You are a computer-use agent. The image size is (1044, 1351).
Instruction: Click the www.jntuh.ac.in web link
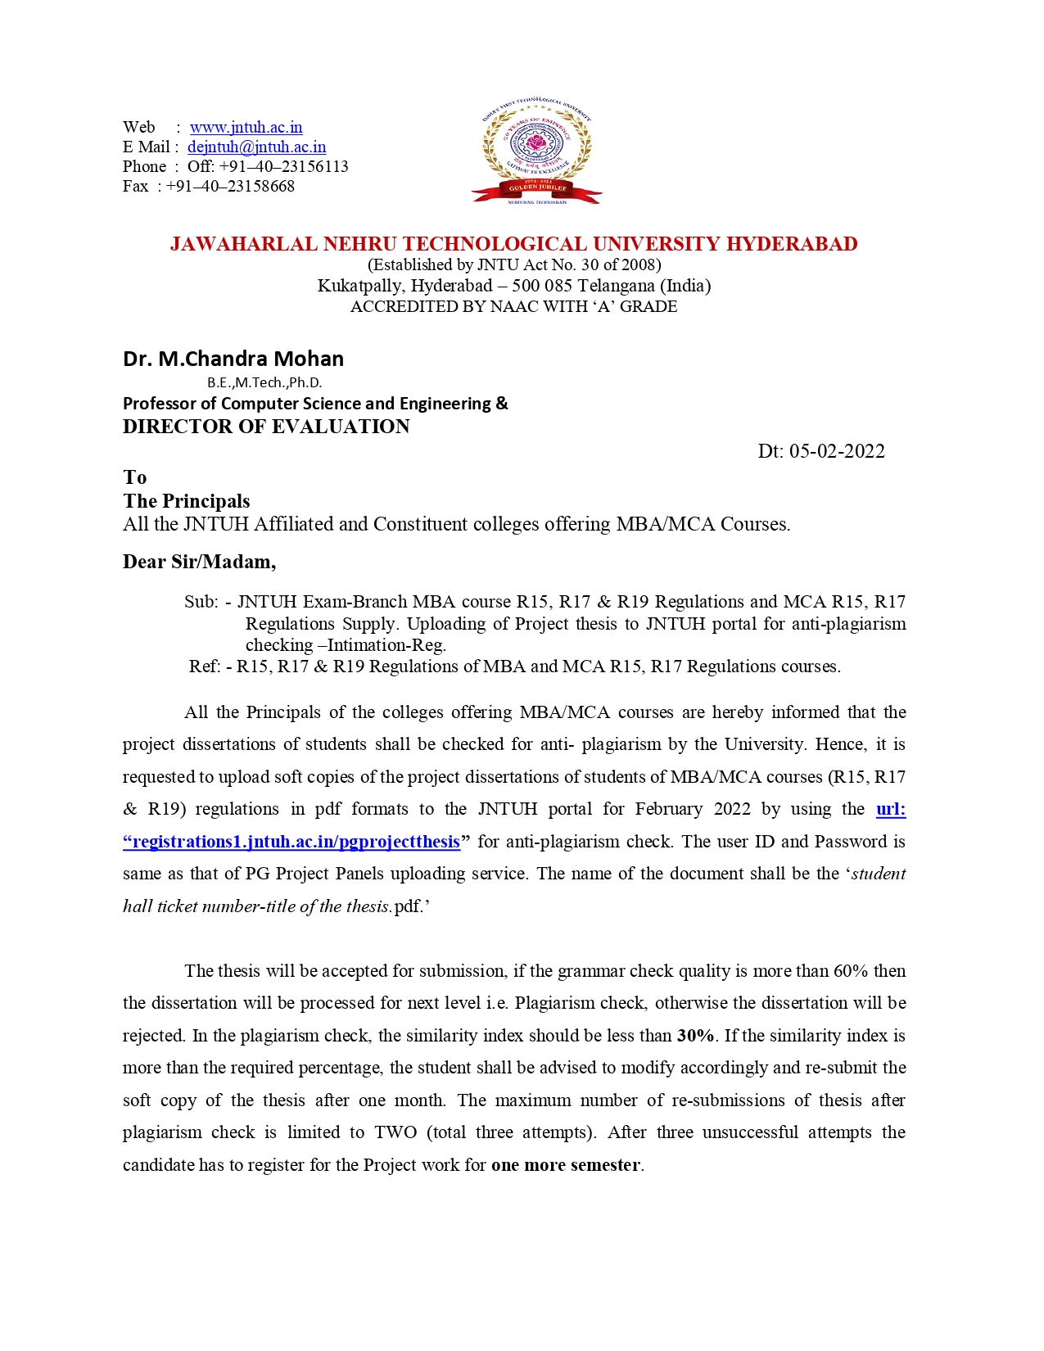(x=246, y=127)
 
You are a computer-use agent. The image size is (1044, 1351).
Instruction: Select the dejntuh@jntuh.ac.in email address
(x=256, y=147)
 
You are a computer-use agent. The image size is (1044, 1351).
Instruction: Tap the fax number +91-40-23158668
(x=230, y=186)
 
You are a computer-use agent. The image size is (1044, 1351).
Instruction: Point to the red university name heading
(x=513, y=244)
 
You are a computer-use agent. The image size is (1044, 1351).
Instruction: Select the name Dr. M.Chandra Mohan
(x=233, y=359)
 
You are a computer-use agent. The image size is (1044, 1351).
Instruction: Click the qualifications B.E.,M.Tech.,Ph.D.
(x=264, y=382)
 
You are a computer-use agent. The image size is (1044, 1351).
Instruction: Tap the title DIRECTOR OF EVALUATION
(x=266, y=427)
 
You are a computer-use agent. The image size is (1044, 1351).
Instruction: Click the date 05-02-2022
(x=837, y=451)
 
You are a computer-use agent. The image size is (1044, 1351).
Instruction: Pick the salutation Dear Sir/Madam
(x=199, y=562)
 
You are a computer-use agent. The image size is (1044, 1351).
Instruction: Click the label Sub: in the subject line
(x=201, y=602)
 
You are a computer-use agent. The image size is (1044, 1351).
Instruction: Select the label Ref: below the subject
(x=205, y=666)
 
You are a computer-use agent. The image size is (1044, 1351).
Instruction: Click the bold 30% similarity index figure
(x=695, y=1036)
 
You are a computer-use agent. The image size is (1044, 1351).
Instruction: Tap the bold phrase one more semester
(x=566, y=1165)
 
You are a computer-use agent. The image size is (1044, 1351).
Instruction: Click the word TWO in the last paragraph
(x=395, y=1132)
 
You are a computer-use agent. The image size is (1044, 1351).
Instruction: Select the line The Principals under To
(x=187, y=501)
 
